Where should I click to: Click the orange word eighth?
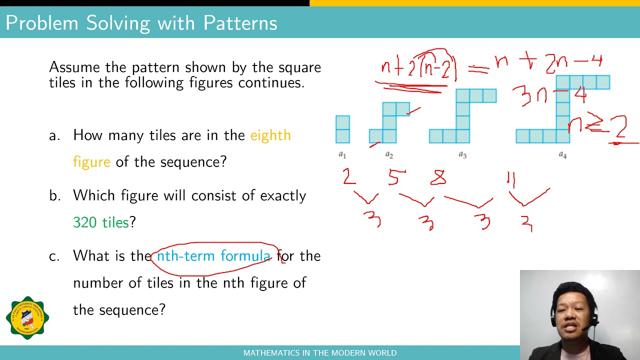coord(270,135)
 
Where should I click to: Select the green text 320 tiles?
coord(101,222)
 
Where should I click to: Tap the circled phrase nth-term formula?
coord(213,256)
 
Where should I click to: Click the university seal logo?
coord(27,317)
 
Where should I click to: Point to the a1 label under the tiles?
coord(342,155)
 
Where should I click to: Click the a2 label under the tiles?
coord(389,155)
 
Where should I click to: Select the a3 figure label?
coord(462,155)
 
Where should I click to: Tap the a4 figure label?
coord(562,155)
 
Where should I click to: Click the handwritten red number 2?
coord(349,176)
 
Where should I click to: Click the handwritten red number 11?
coord(511,179)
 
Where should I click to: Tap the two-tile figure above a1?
coord(342,129)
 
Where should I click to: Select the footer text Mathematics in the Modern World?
coord(320,353)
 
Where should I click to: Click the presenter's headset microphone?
coord(584,328)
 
